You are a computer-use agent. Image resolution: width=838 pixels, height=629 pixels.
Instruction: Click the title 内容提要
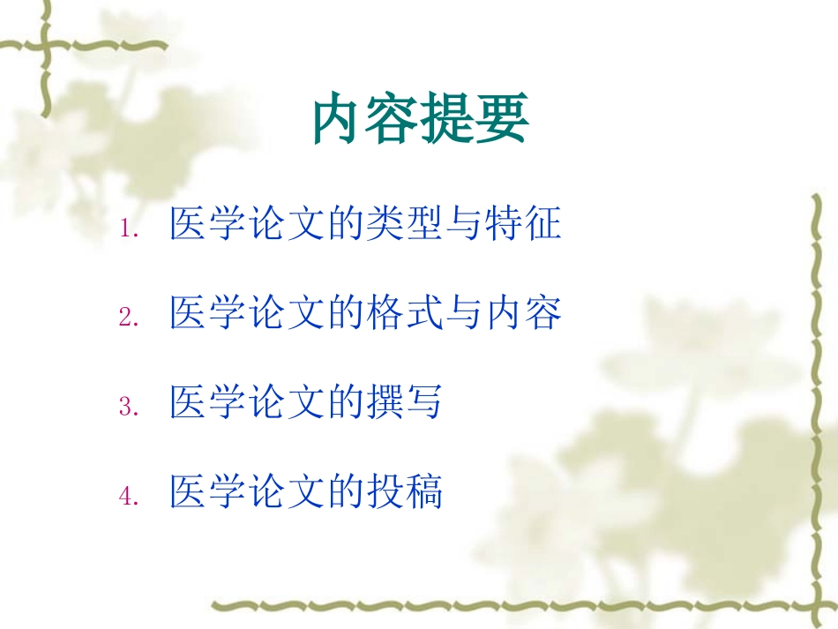[x=421, y=122]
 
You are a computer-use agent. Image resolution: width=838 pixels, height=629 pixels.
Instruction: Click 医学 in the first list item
[x=209, y=224]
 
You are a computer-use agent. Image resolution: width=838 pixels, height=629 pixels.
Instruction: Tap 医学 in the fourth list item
[x=209, y=492]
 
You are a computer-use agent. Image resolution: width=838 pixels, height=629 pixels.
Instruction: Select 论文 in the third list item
[x=288, y=403]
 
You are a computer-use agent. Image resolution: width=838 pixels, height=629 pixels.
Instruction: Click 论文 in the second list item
[x=288, y=314]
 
